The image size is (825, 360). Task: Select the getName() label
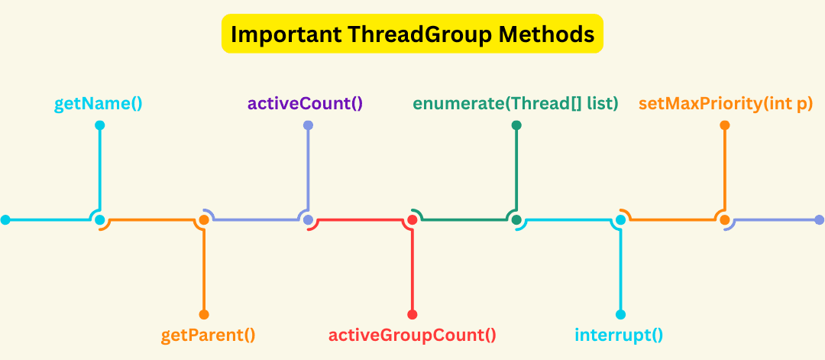pyautogui.click(x=99, y=102)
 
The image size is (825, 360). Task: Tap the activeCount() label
pyautogui.click(x=305, y=102)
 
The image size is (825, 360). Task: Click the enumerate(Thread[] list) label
pyautogui.click(x=516, y=102)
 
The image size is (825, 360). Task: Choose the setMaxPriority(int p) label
pyautogui.click(x=725, y=102)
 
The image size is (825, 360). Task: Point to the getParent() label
pyautogui.click(x=208, y=335)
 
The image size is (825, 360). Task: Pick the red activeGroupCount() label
pyautogui.click(x=412, y=335)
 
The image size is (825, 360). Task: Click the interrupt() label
pyautogui.click(x=619, y=335)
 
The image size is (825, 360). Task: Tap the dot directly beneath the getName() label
pyautogui.click(x=99, y=125)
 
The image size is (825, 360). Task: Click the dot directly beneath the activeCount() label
pyautogui.click(x=308, y=125)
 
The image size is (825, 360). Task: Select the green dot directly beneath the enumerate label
pyautogui.click(x=516, y=125)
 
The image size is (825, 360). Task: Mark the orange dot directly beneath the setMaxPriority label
pyautogui.click(x=725, y=125)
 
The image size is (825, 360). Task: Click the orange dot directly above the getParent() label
pyautogui.click(x=204, y=314)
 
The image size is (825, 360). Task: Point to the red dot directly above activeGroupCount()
pyautogui.click(x=412, y=314)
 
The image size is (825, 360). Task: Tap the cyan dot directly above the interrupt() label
pyautogui.click(x=621, y=314)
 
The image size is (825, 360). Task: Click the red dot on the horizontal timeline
pyautogui.click(x=412, y=220)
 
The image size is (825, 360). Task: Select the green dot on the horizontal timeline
pyautogui.click(x=516, y=220)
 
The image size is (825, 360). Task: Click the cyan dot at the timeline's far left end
pyautogui.click(x=5, y=220)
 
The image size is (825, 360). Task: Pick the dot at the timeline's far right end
pyautogui.click(x=820, y=220)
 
